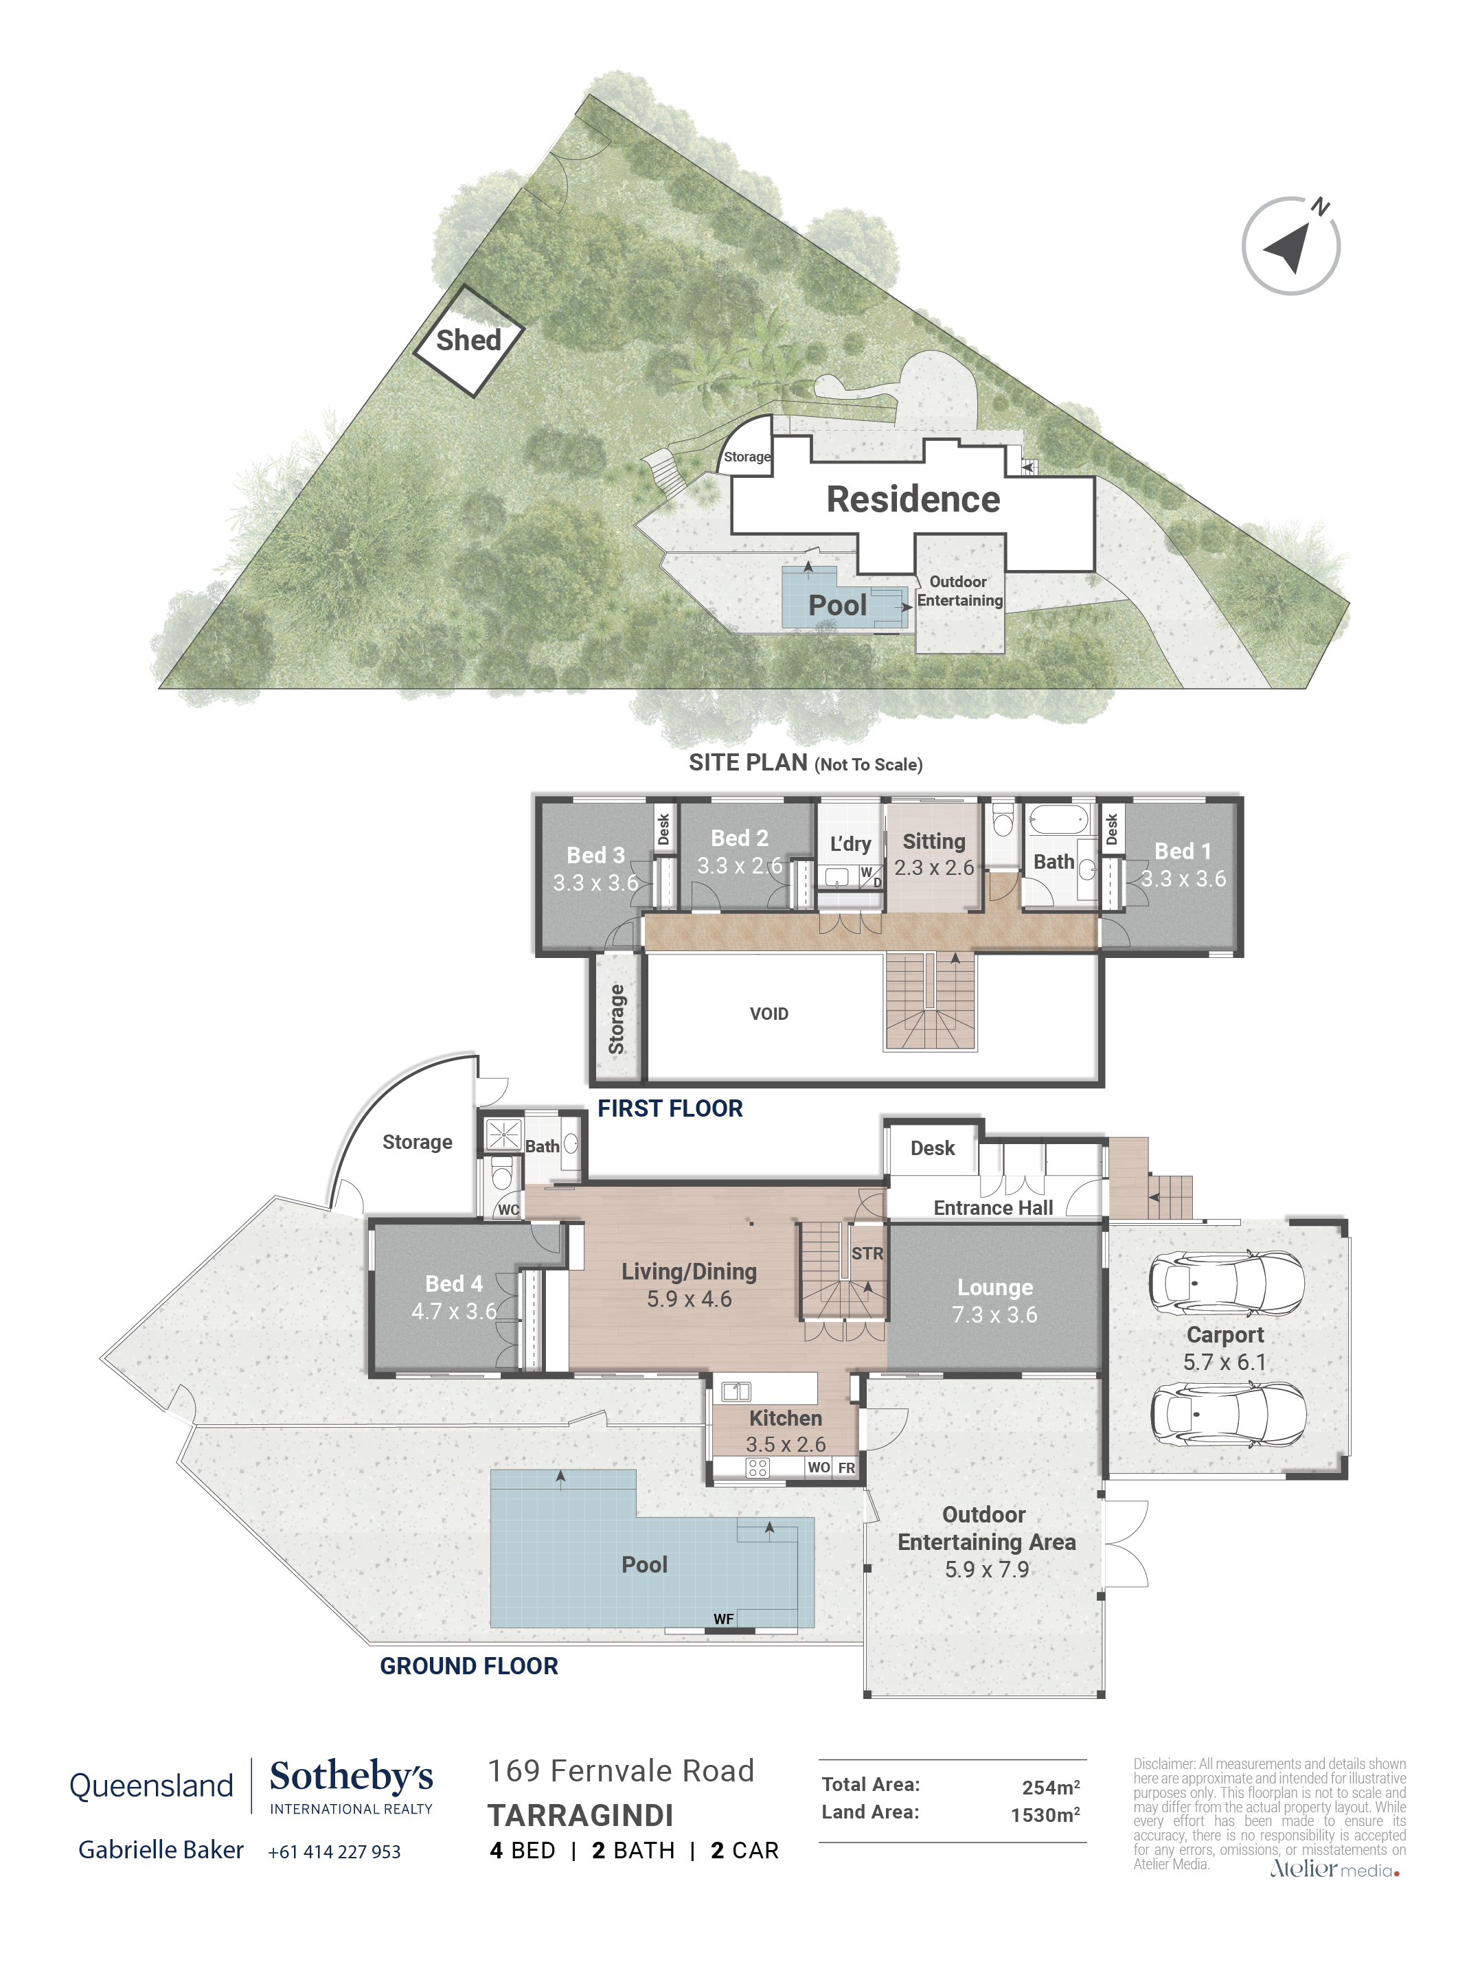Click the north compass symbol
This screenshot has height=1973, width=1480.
(1290, 246)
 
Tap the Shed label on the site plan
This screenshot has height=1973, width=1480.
(468, 340)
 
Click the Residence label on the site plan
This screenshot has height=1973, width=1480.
(913, 499)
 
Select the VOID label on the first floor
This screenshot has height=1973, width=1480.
(768, 1014)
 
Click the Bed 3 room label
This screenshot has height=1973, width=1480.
(595, 856)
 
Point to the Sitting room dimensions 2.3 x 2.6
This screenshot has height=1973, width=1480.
(933, 868)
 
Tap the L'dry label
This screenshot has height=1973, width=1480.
(850, 844)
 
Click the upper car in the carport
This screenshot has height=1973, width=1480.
(1226, 1284)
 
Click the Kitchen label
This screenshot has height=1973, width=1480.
(785, 1418)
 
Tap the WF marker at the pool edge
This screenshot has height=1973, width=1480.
(722, 1619)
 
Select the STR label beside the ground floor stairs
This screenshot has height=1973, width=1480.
(866, 1253)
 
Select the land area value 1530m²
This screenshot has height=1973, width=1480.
(1044, 1816)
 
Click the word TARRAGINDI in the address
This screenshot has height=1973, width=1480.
(580, 1816)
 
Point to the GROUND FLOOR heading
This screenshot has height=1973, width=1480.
(468, 1666)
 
